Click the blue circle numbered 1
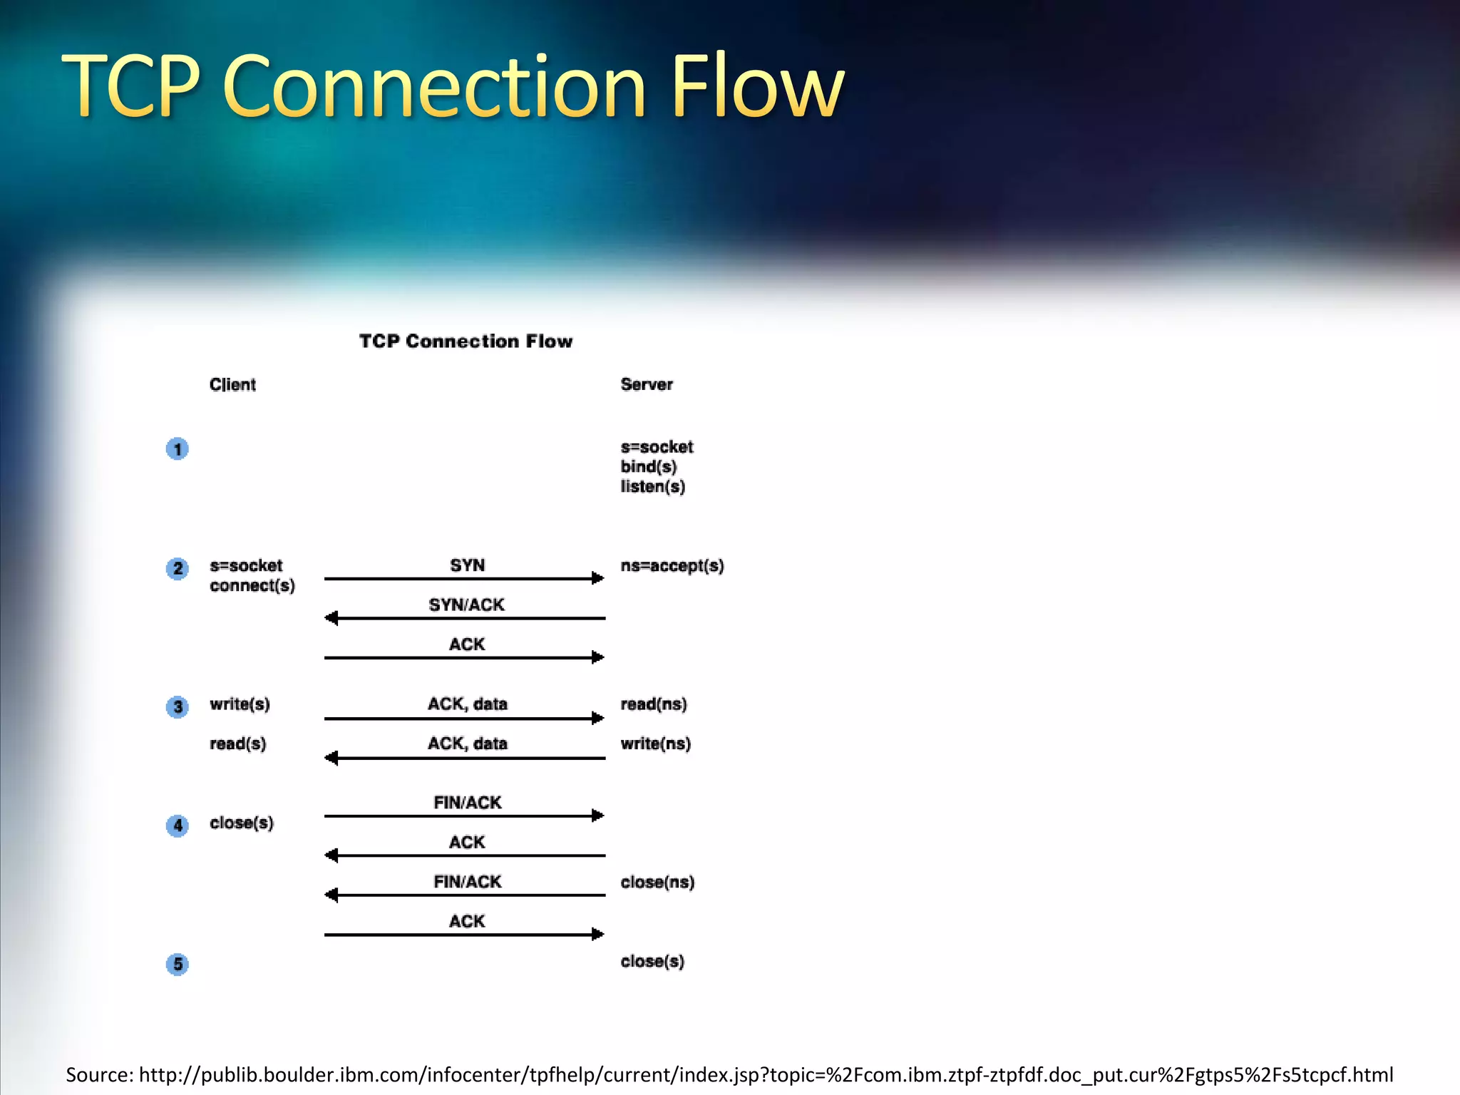click(x=178, y=449)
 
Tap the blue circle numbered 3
click(x=178, y=706)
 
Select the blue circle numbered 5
click(x=178, y=964)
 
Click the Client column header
click(x=232, y=385)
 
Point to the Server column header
click(x=646, y=385)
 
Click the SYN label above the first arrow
click(x=467, y=565)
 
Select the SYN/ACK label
click(x=466, y=605)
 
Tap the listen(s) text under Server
click(x=652, y=487)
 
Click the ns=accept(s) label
click(x=672, y=566)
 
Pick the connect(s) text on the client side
click(x=252, y=586)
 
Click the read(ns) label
click(x=653, y=704)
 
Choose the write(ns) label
click(x=655, y=744)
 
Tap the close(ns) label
click(x=657, y=882)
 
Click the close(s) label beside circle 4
click(x=241, y=823)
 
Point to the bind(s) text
click(x=648, y=467)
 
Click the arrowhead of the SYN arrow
click(x=598, y=578)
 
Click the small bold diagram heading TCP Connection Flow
click(x=466, y=341)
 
